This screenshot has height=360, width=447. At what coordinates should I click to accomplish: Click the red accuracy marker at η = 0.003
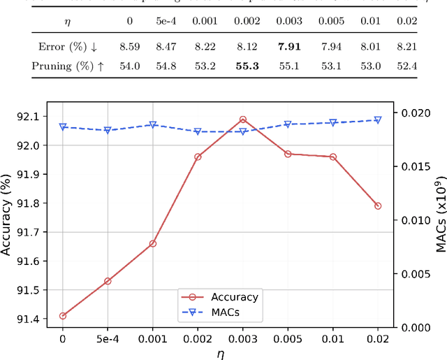pyautogui.click(x=243, y=120)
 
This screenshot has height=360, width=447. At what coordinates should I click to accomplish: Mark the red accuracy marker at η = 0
pyautogui.click(x=63, y=316)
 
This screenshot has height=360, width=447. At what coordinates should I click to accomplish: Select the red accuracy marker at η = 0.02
pyautogui.click(x=378, y=206)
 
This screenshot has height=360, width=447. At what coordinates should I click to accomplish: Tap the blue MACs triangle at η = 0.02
pyautogui.click(x=378, y=120)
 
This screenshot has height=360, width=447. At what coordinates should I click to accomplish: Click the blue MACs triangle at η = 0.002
pyautogui.click(x=198, y=131)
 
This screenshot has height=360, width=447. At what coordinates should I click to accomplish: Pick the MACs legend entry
pyautogui.click(x=218, y=312)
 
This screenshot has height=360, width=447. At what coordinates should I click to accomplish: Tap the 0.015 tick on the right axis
pyautogui.click(x=416, y=166)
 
